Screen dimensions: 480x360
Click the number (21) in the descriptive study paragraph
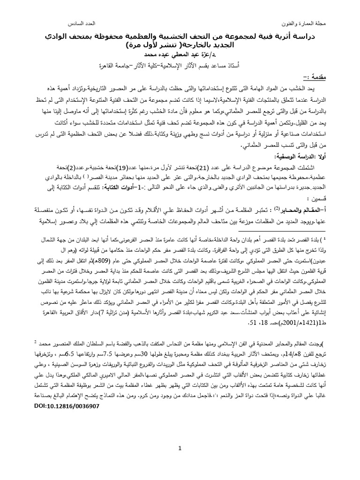[x=215, y=168]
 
